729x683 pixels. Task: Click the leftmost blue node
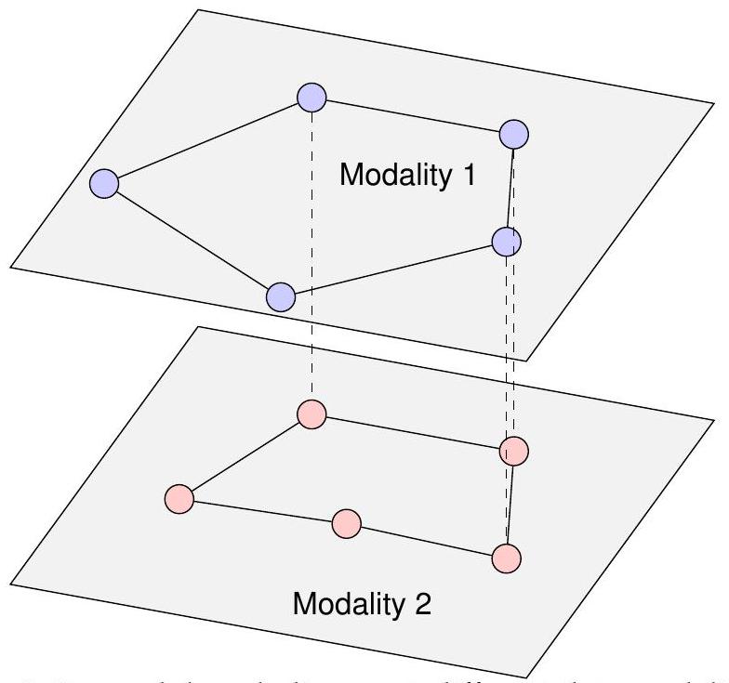point(105,184)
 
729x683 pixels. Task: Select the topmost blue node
point(311,97)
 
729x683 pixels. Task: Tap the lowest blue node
point(280,297)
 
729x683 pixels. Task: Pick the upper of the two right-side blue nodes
point(513,135)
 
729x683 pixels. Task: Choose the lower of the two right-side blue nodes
point(506,242)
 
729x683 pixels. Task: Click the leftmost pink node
point(179,499)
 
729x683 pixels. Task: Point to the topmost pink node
point(311,414)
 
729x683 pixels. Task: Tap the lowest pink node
point(506,558)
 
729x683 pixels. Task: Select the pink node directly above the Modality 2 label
point(346,524)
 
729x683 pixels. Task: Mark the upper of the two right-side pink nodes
point(513,452)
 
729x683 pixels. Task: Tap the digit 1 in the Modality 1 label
point(468,175)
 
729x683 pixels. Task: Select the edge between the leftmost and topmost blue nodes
point(208,140)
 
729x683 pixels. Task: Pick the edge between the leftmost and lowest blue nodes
point(192,241)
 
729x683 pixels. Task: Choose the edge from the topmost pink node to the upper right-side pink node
point(412,433)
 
